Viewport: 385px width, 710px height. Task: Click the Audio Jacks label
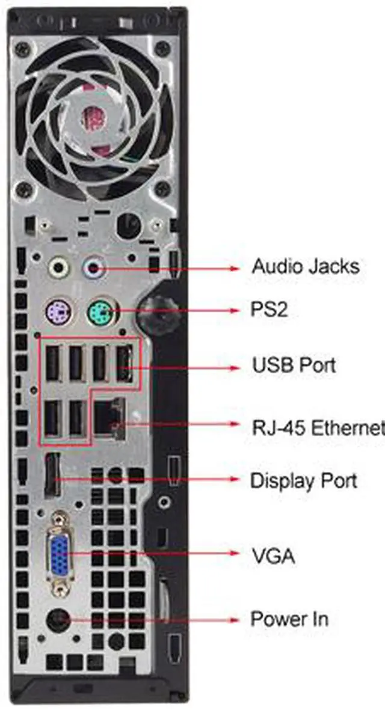pyautogui.click(x=306, y=266)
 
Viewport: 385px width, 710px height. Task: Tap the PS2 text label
pyautogui.click(x=269, y=310)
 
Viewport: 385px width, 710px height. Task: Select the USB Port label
pyautogui.click(x=294, y=366)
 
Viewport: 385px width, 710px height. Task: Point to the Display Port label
pyautogui.click(x=304, y=481)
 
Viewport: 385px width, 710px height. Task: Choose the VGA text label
pyautogui.click(x=273, y=556)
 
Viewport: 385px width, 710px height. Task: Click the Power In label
pyautogui.click(x=289, y=619)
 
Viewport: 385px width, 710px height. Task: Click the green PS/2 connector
pyautogui.click(x=99, y=311)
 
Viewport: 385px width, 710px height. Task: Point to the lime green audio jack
pyautogui.click(x=59, y=266)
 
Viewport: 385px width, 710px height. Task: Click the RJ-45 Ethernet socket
pyautogui.click(x=109, y=415)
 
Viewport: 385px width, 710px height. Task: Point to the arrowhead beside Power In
pyautogui.click(x=234, y=619)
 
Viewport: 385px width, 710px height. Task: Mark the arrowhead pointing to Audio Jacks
pyautogui.click(x=234, y=267)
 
